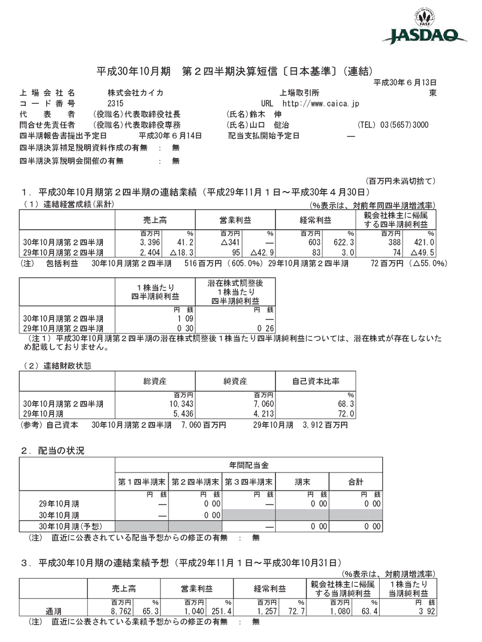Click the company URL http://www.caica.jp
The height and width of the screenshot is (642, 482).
tap(321, 104)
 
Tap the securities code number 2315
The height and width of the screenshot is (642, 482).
tap(116, 104)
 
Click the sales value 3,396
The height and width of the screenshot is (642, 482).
tap(150, 243)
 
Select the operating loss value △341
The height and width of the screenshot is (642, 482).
tap(232, 243)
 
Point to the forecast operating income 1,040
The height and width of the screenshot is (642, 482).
tap(195, 612)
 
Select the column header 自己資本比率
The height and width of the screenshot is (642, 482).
tap(316, 382)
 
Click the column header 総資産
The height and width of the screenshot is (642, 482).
tap(155, 382)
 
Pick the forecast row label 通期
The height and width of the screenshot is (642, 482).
tap(53, 612)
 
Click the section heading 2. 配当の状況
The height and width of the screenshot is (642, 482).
tap(53, 450)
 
